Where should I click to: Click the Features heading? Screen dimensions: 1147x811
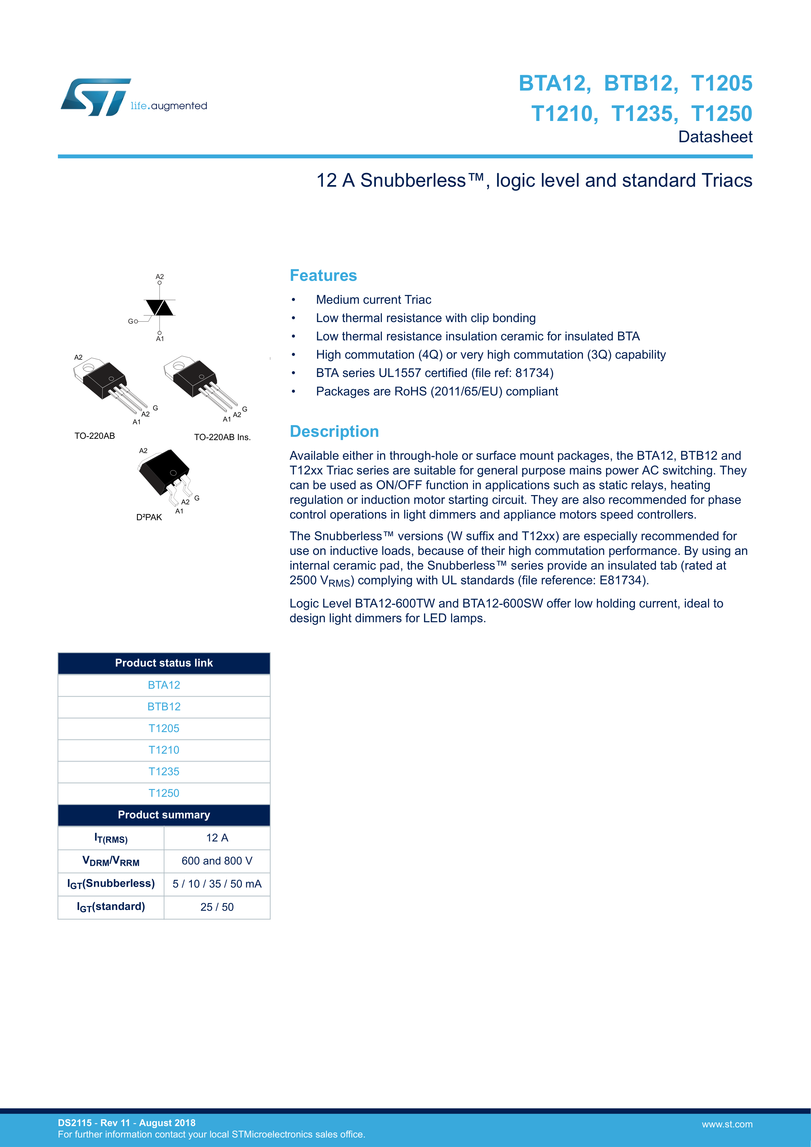coord(323,275)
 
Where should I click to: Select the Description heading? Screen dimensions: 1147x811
coord(334,431)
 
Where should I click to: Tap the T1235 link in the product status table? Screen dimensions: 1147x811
coord(164,771)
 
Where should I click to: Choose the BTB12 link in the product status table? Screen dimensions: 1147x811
coord(164,706)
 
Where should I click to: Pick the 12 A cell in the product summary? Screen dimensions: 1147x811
coord(217,838)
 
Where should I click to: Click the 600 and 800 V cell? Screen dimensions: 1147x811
coord(217,861)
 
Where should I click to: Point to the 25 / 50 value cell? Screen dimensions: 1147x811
coord(217,907)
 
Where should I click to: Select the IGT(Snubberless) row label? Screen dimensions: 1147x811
coord(111,884)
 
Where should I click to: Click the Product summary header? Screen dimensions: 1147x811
coord(164,815)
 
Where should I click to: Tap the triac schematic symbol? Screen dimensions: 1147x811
coord(159,308)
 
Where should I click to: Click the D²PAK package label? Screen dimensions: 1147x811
coord(149,517)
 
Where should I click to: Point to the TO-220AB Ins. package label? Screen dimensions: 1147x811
coord(222,437)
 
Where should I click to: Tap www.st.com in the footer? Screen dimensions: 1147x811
coord(727,1124)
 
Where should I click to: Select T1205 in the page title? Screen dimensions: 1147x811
coord(722,83)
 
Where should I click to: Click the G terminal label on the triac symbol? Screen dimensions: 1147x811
coord(130,321)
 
